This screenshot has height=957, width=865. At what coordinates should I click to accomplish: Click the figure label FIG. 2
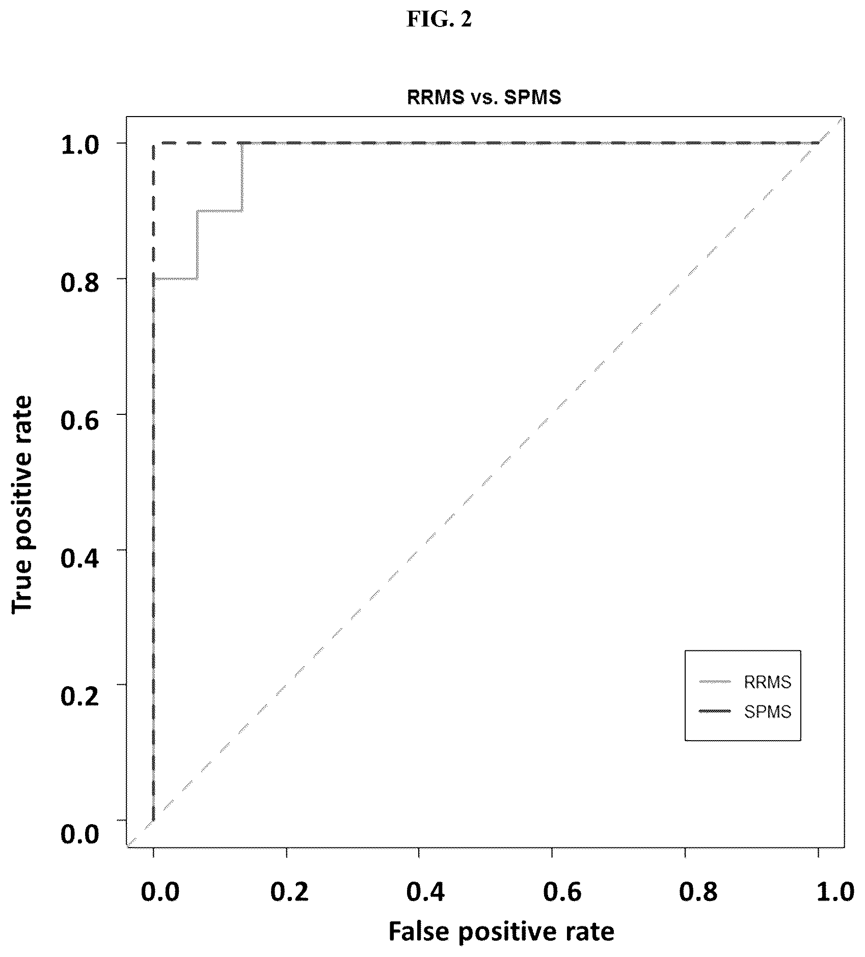click(439, 19)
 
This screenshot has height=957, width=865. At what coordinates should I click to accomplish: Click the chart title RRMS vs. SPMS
click(484, 97)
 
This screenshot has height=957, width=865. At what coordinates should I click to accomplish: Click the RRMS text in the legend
click(768, 682)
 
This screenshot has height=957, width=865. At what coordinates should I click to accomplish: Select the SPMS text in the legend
click(768, 711)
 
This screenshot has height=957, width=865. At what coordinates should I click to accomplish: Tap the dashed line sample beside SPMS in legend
click(715, 711)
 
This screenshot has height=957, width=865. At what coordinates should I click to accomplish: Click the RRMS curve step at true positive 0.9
click(220, 210)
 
